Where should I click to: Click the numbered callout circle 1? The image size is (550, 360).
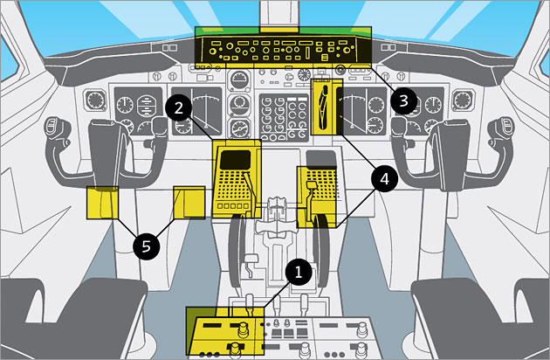pos(299,272)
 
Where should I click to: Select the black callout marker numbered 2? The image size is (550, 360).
pos(179,108)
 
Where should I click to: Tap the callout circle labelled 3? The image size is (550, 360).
pos(402,100)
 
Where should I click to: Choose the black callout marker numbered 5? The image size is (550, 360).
pos(146,246)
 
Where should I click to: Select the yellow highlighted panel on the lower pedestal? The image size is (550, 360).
pos(223,332)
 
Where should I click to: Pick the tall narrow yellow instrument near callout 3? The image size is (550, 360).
pos(325,107)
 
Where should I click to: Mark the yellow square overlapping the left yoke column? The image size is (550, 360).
pos(101,202)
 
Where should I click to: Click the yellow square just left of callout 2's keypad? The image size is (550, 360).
pos(189,202)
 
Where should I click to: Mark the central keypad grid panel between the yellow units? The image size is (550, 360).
pos(279,118)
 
